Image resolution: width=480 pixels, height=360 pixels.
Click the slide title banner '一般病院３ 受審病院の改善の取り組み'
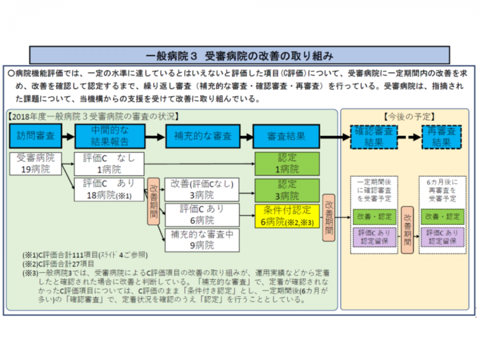(x=239, y=55)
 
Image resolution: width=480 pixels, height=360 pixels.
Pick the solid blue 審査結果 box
(x=286, y=137)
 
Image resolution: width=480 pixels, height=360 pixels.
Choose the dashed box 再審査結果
(x=442, y=137)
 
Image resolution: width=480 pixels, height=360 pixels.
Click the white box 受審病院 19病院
(x=36, y=164)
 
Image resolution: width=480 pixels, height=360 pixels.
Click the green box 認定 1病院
(x=288, y=164)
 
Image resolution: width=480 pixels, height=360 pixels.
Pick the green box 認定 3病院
(x=288, y=189)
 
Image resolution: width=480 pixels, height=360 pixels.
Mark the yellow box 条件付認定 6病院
(x=288, y=215)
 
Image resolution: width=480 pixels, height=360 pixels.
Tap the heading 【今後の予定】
(x=404, y=116)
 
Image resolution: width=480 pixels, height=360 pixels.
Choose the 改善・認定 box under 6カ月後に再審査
(x=442, y=217)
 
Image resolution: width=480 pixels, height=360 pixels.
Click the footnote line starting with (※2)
(x=59, y=263)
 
